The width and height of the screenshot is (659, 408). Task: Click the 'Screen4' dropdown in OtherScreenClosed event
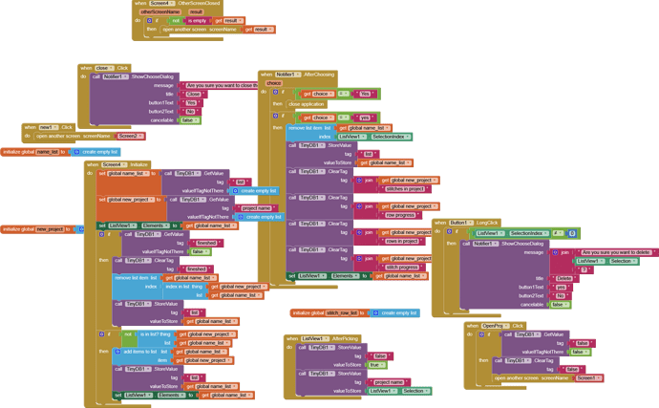tap(161, 4)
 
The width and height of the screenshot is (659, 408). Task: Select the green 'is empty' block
tap(196, 20)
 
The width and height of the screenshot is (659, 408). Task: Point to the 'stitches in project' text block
tap(405, 189)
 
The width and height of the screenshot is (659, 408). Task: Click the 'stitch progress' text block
tap(405, 268)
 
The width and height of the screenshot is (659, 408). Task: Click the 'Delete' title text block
tap(564, 278)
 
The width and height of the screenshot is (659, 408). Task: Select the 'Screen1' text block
tap(587, 377)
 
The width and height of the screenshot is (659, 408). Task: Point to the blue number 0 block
tap(572, 233)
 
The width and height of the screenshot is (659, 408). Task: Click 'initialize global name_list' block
tap(32, 152)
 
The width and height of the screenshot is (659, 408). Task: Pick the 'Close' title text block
tap(193, 95)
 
